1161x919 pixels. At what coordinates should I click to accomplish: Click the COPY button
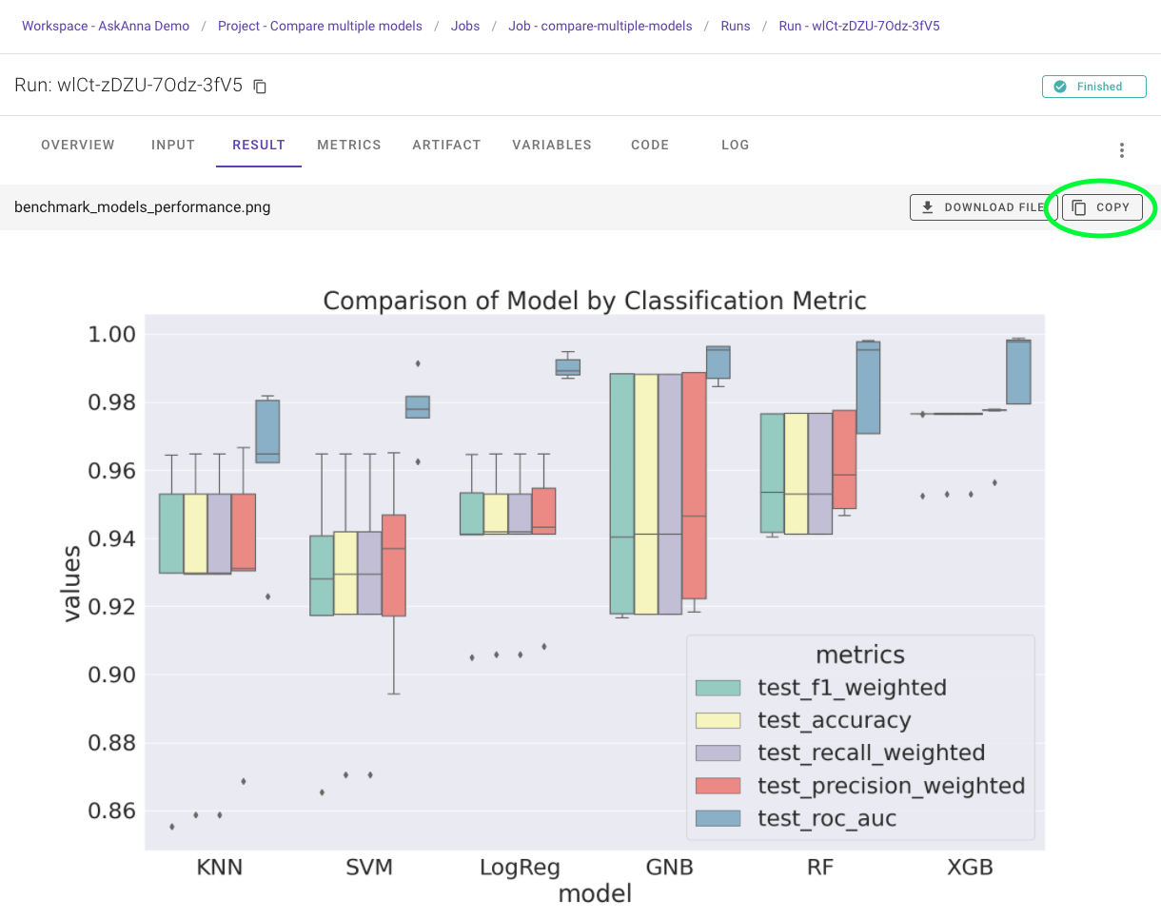click(x=1102, y=207)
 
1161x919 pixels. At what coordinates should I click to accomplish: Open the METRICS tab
click(x=349, y=146)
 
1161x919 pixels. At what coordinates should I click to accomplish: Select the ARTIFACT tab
click(x=446, y=146)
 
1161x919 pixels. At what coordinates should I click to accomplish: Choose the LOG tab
click(x=735, y=146)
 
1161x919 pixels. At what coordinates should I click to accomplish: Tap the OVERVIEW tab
click(x=78, y=146)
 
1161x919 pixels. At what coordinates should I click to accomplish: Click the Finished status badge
click(x=1093, y=87)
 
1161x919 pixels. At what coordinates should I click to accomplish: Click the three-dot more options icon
click(x=1122, y=150)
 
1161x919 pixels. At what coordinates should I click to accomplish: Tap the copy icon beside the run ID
click(x=260, y=87)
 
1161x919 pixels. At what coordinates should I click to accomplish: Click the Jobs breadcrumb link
click(x=465, y=26)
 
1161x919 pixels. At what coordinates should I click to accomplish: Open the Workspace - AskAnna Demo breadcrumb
click(x=106, y=26)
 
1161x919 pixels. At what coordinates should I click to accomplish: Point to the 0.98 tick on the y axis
click(x=113, y=402)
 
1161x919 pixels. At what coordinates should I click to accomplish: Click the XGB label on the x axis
click(x=970, y=867)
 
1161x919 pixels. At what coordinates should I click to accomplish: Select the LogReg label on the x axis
click(x=520, y=867)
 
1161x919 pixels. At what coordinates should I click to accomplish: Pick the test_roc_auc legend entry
click(x=826, y=818)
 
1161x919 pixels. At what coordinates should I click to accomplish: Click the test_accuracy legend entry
click(x=834, y=720)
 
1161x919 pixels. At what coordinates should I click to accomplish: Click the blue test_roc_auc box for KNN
click(x=267, y=431)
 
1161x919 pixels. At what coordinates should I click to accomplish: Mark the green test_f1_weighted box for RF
click(x=772, y=473)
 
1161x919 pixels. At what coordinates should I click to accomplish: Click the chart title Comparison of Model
click(x=595, y=302)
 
